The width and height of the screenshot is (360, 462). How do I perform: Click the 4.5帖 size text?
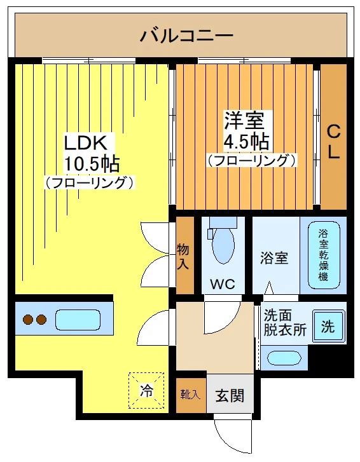[246, 139]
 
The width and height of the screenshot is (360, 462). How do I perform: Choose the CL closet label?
[333, 142]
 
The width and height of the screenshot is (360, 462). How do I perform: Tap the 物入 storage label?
[184, 255]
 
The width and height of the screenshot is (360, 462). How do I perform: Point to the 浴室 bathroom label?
[274, 259]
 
